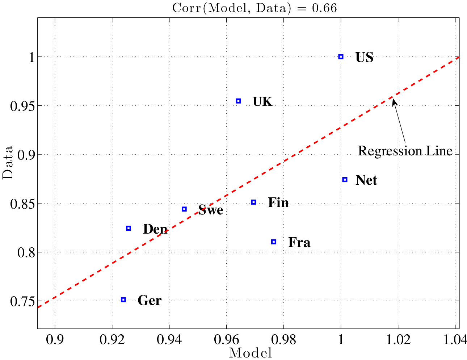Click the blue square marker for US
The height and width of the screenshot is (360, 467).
(x=341, y=57)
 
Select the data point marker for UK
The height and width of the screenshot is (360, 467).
(x=238, y=101)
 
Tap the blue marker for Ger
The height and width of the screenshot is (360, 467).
(x=123, y=300)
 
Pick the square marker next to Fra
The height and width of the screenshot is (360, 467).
(x=274, y=242)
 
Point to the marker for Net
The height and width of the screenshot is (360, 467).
(x=345, y=180)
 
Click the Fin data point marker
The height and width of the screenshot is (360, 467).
(x=254, y=202)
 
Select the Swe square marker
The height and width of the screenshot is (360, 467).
(x=184, y=209)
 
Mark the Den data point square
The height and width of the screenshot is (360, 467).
(x=129, y=228)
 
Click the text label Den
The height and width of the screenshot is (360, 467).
(x=155, y=229)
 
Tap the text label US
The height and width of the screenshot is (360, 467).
(x=364, y=58)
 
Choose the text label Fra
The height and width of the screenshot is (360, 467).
(x=299, y=242)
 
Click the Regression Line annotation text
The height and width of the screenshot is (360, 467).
(x=405, y=151)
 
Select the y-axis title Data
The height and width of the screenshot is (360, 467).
(x=8, y=162)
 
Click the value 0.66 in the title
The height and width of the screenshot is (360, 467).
(x=324, y=8)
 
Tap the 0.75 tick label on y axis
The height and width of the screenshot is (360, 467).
(x=20, y=301)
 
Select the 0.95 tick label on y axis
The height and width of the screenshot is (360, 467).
(x=20, y=106)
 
